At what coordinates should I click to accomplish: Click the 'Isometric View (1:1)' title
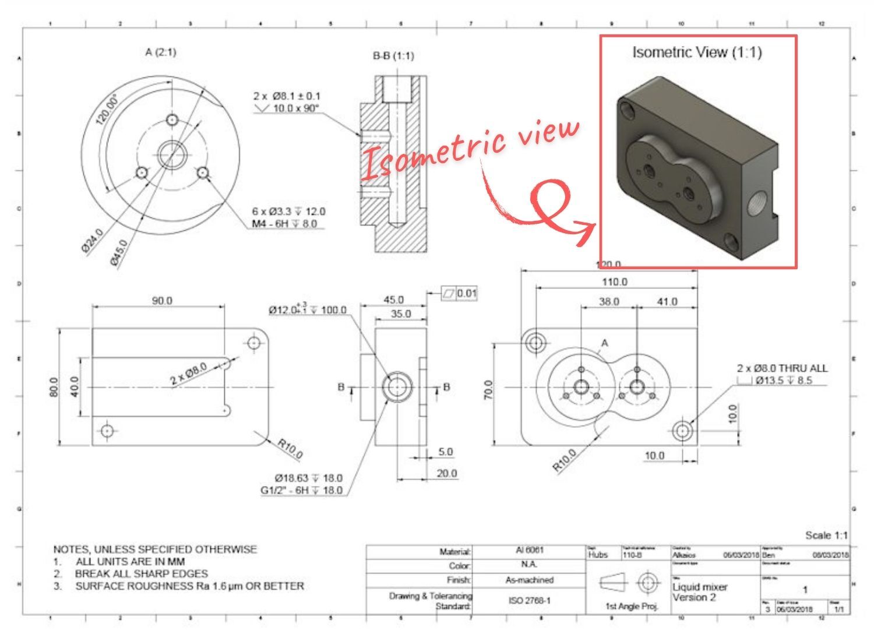[x=697, y=52]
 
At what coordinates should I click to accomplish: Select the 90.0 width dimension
[x=162, y=301]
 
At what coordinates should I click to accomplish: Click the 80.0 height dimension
[x=54, y=387]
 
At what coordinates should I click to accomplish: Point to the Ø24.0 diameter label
[x=92, y=241]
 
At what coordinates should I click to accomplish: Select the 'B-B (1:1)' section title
[x=393, y=56]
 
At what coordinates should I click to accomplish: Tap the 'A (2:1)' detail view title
[x=160, y=52]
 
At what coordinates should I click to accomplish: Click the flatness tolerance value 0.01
[x=466, y=293]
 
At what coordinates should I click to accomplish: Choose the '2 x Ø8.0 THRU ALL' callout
[x=782, y=368]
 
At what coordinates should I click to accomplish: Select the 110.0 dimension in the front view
[x=614, y=282]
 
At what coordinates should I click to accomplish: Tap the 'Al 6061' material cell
[x=529, y=551]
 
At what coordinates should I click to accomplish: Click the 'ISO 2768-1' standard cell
[x=529, y=600]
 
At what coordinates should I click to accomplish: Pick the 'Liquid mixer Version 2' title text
[x=700, y=592]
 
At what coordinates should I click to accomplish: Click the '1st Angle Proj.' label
[x=632, y=607]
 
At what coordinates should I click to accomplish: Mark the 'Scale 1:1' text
[x=826, y=535]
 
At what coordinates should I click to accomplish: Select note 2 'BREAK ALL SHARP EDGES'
[x=141, y=574]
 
